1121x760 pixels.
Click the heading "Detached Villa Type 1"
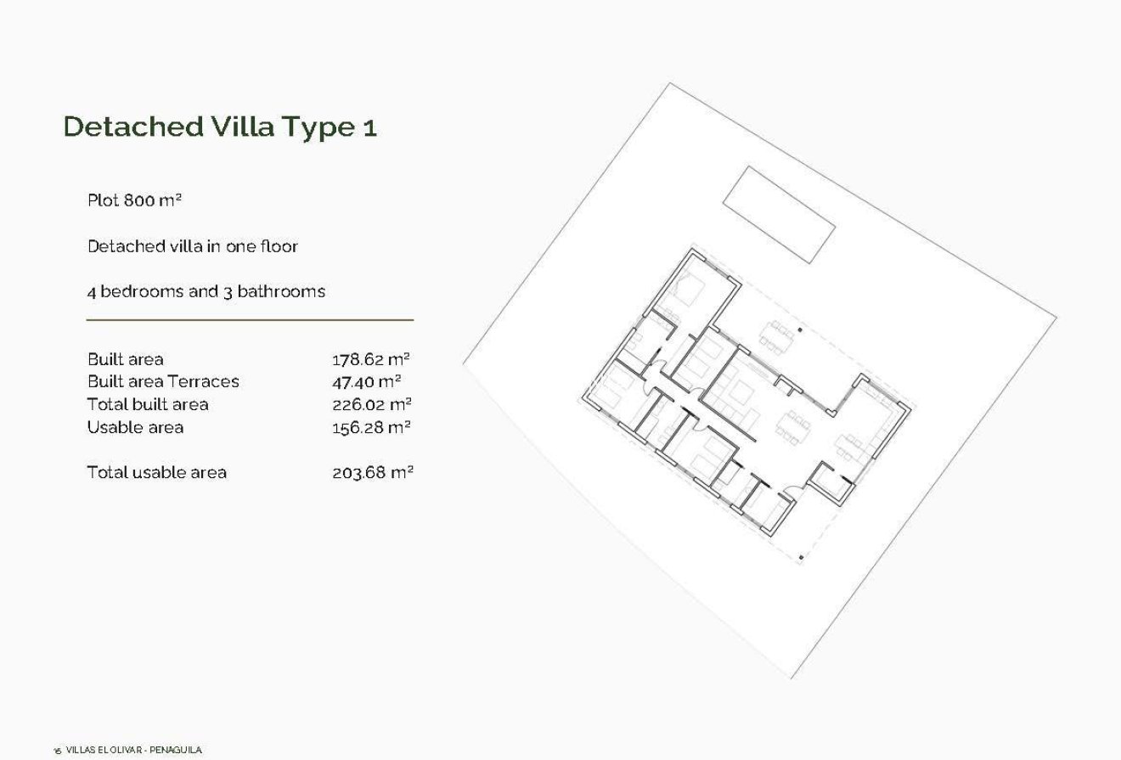point(220,127)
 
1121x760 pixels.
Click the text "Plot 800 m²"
point(135,200)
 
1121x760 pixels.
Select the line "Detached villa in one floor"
point(193,246)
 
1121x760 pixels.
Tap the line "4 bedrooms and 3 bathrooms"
point(206,291)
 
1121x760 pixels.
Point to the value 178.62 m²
point(371,359)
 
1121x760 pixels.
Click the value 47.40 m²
point(366,381)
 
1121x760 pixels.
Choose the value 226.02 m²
point(371,404)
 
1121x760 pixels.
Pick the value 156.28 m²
point(371,427)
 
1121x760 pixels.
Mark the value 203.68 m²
point(372,472)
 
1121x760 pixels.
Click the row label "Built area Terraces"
point(163,381)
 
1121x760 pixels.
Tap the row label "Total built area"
point(148,404)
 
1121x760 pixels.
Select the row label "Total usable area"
point(156,472)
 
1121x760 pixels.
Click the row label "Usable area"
point(135,427)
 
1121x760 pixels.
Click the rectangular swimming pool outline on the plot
point(779,214)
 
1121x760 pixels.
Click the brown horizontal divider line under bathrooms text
point(250,320)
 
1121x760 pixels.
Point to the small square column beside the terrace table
point(800,329)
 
